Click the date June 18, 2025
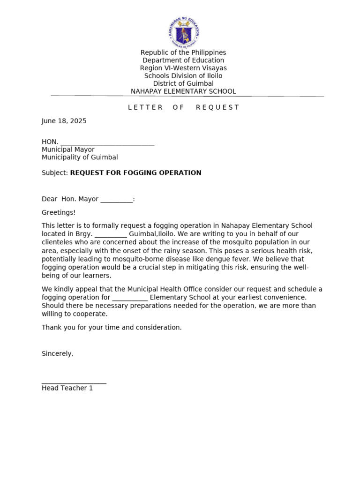(64, 121)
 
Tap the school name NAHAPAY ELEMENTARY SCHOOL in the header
(183, 91)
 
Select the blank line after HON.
(107, 142)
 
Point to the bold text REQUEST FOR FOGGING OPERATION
(136, 173)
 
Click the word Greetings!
(59, 212)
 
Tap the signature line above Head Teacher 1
(74, 383)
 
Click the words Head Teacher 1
(67, 388)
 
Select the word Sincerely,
(58, 353)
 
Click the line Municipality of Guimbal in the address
(80, 157)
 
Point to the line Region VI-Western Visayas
(183, 68)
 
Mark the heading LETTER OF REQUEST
(183, 107)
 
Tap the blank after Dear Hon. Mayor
(116, 200)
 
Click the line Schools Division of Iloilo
(183, 76)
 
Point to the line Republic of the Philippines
(183, 52)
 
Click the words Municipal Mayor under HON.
(68, 150)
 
